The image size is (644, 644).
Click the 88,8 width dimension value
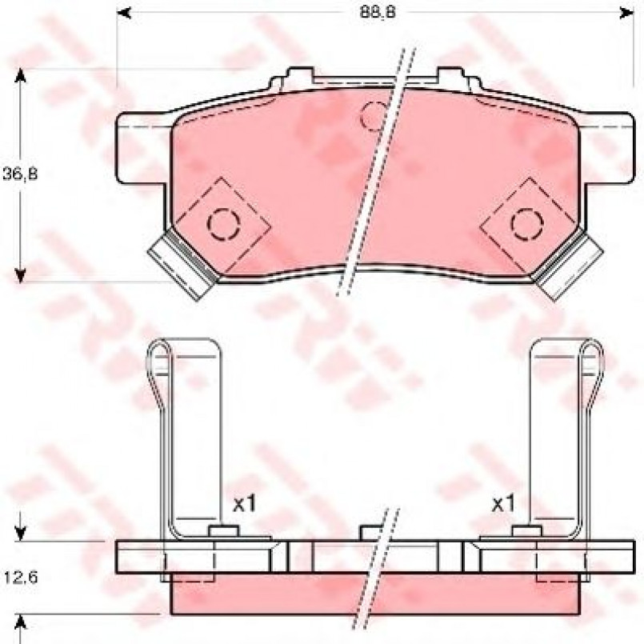pyautogui.click(x=378, y=12)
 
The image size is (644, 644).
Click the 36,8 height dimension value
pyautogui.click(x=20, y=174)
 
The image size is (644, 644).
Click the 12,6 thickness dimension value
pyautogui.click(x=21, y=578)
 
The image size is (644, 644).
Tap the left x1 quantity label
pyautogui.click(x=244, y=503)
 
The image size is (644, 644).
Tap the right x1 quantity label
pyautogui.click(x=503, y=503)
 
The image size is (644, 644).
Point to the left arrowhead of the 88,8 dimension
pyautogui.click(x=124, y=13)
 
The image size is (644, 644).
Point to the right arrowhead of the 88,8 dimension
pyautogui.click(x=626, y=13)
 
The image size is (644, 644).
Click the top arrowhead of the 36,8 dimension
pyautogui.click(x=20, y=76)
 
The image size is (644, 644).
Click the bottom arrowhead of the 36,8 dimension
pyautogui.click(x=20, y=275)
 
